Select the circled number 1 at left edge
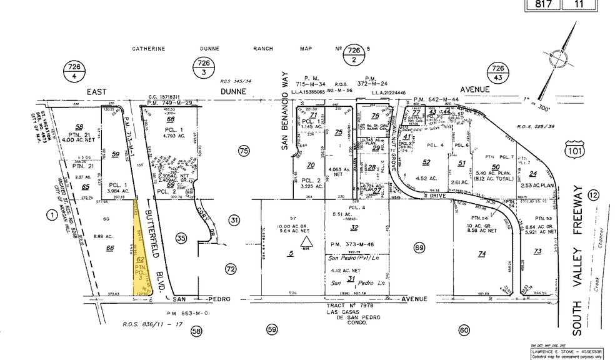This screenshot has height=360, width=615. tap(51, 216)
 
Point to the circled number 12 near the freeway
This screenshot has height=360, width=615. tap(593, 196)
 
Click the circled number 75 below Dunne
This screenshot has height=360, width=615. tap(244, 150)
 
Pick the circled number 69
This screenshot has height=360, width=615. tap(419, 249)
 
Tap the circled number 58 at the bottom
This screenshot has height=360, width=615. tap(197, 331)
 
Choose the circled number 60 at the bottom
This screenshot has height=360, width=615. tap(463, 331)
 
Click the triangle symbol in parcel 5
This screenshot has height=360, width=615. tap(306, 242)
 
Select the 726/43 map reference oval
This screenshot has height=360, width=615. tap(497, 72)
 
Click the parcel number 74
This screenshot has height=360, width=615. tap(481, 254)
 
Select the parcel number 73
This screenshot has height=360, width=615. tap(537, 251)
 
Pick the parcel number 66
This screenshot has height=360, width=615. tap(110, 248)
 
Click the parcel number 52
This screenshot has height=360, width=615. tap(427, 162)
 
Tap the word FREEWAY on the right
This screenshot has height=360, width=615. tap(577, 212)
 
